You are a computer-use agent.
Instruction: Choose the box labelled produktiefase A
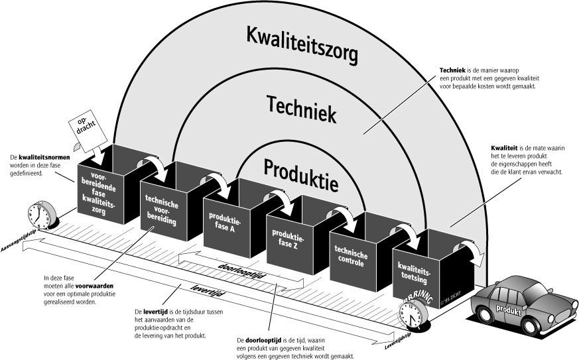pos(224,225)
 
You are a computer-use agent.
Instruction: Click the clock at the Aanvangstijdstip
pos(38,215)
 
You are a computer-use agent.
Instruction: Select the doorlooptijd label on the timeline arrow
pos(241,267)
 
